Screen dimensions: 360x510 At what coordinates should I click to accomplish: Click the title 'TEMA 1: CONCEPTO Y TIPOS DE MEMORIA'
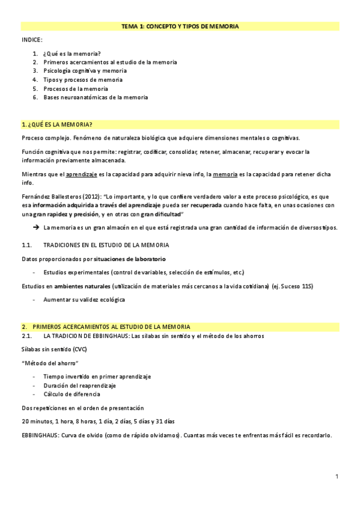pos(180,26)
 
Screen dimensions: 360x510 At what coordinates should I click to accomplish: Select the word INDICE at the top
pos(32,40)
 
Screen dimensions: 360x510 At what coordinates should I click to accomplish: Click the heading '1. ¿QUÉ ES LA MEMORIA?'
pos(56,124)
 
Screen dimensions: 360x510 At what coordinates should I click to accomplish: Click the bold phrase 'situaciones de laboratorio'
pos(127,259)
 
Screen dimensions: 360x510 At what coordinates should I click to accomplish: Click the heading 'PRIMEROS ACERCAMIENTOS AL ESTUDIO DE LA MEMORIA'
pos(111,326)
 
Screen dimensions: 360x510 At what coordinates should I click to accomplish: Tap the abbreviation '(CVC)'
pos(79,349)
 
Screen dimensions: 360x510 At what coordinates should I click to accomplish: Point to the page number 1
pos(337,477)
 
